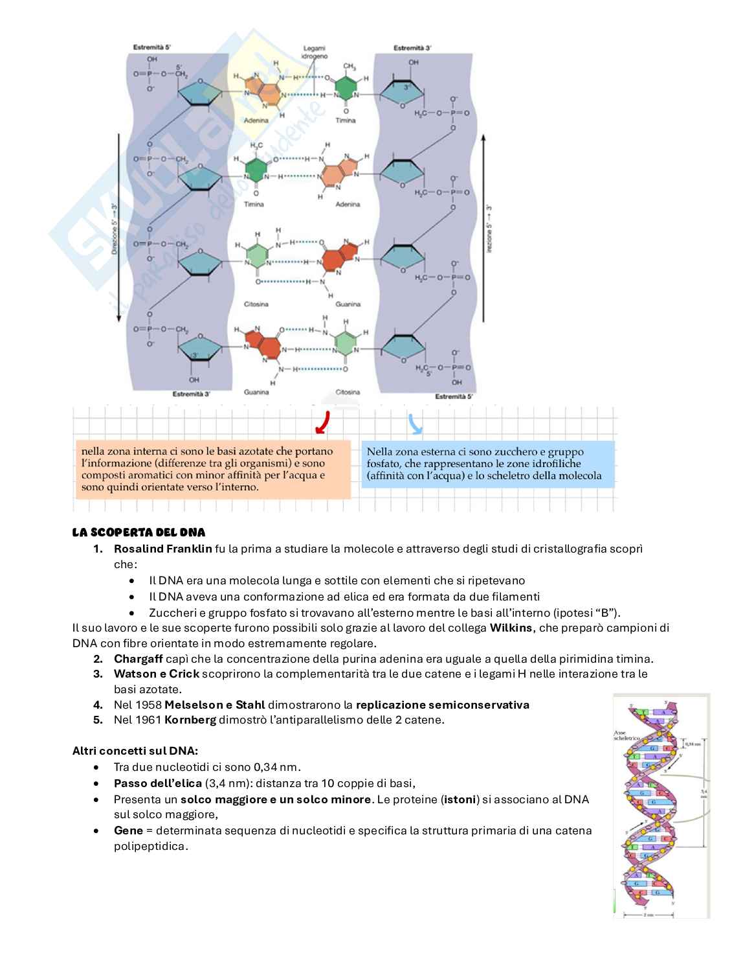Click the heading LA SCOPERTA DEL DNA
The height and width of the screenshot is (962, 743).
[139, 533]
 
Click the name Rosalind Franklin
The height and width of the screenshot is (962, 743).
[162, 549]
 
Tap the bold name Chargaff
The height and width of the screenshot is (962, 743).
[138, 659]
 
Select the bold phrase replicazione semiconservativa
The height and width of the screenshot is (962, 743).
[442, 705]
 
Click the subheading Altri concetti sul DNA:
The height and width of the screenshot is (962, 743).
[135, 751]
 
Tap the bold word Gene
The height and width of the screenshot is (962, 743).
[128, 830]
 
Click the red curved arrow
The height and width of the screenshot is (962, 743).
[322, 422]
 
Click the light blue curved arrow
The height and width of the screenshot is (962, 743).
[415, 424]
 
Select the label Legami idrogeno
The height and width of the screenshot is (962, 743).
[315, 52]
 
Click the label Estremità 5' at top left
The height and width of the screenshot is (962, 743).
[151, 47]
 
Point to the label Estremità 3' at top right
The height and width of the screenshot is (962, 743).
[412, 48]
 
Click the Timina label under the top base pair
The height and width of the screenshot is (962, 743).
[346, 120]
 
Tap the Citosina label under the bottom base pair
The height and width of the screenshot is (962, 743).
[348, 392]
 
